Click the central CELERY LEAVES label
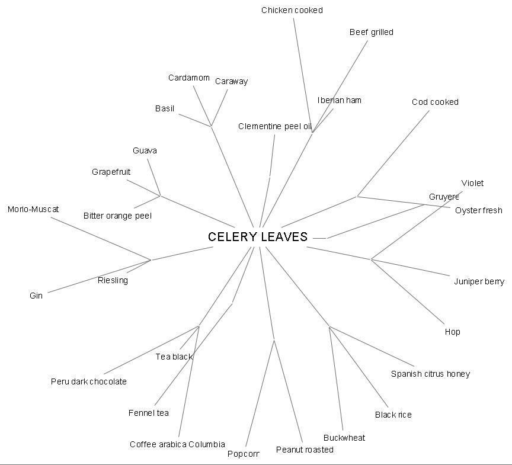coord(258,237)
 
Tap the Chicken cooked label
coord(292,10)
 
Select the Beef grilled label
coord(371,32)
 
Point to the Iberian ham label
coord(339,100)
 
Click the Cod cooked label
coord(435,102)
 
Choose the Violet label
coord(472,183)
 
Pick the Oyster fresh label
coord(478,210)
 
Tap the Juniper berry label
coord(479,281)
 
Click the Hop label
coord(452,332)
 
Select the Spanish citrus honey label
coord(430,374)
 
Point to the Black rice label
coord(393,415)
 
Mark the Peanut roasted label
coord(305,450)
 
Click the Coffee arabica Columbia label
coord(177,444)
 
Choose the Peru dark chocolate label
coord(88,381)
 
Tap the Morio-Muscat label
coord(33,209)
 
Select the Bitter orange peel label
coord(117,216)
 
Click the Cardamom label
coord(188,78)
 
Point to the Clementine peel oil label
coord(274,126)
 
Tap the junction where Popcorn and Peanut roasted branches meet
coord(274,339)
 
